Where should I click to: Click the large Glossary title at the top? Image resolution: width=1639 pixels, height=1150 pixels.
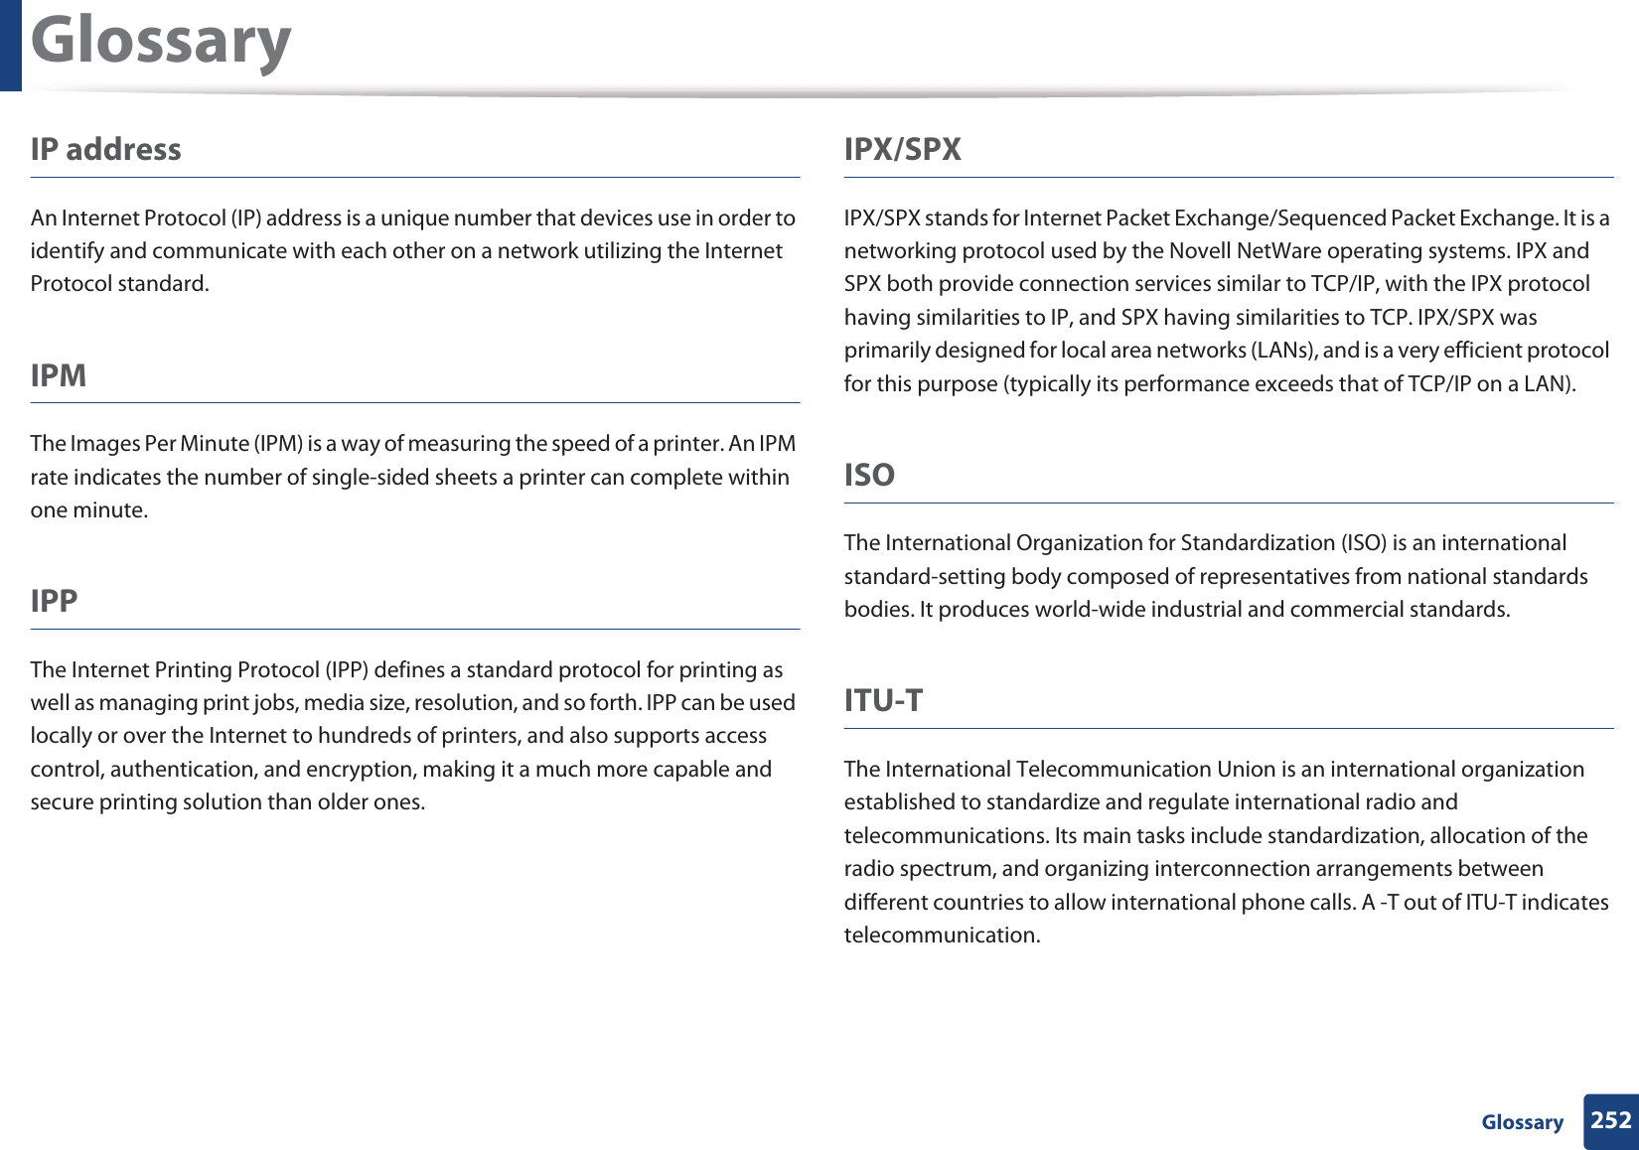[161, 42]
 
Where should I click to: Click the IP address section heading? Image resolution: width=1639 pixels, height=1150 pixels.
[105, 150]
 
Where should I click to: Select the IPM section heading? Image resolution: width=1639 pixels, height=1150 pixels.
[59, 375]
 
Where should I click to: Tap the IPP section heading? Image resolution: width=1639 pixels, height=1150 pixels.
[54, 601]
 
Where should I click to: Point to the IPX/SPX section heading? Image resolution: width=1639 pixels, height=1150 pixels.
[902, 150]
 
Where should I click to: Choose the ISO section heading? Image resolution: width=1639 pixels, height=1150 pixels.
[869, 475]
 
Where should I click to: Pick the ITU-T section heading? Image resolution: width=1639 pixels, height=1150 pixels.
[883, 700]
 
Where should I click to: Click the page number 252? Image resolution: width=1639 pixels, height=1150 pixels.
[1610, 1120]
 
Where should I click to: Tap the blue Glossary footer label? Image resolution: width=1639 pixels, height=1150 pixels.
[1522, 1122]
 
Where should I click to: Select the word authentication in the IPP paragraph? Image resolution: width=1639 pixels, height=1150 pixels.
[182, 770]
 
